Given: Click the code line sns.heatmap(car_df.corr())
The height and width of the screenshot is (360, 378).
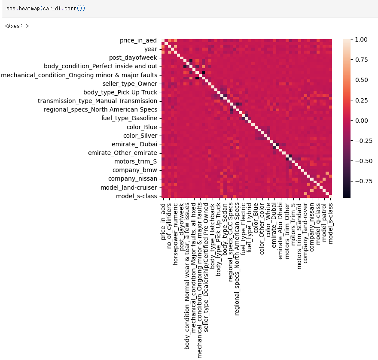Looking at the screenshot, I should pos(46,8).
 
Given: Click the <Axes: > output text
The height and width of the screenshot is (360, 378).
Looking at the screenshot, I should pos(17,26).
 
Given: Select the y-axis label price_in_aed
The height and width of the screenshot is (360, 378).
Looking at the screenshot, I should pos(138,40).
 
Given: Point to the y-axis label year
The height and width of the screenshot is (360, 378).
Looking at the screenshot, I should pos(151,49).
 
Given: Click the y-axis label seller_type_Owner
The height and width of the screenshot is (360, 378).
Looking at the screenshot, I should pos(130,84).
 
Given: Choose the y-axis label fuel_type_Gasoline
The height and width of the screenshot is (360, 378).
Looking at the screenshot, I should pos(129,118).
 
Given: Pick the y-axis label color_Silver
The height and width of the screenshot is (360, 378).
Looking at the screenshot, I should pos(140,136).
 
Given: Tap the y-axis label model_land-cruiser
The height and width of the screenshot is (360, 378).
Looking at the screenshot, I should pos(129,188).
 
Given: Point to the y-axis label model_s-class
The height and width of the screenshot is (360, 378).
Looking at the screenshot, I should pos(137,197).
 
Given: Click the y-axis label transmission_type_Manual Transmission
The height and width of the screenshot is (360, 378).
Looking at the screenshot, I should pos(98,101).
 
